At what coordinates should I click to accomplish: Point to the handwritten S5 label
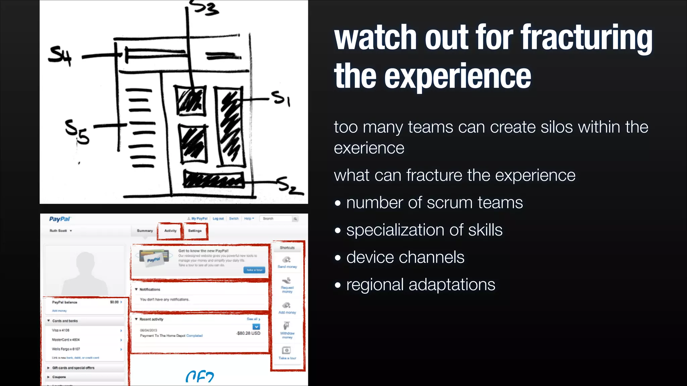coord(77,132)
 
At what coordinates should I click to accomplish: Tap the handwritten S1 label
coord(281,99)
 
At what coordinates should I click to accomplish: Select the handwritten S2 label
coord(290,186)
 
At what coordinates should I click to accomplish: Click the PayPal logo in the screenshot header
coord(60,219)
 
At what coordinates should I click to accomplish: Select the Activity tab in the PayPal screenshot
coord(170,231)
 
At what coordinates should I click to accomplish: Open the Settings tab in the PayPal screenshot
coord(195,231)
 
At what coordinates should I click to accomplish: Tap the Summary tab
coord(145,231)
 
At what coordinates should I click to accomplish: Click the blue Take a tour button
coord(254,270)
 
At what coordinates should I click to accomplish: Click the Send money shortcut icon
coord(286,260)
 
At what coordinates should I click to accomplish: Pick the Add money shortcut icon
coord(286,305)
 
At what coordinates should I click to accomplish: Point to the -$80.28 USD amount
coord(248,333)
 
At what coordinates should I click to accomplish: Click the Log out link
coord(218,219)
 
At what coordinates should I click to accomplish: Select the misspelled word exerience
coord(369,148)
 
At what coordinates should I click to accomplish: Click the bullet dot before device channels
coord(338,258)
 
